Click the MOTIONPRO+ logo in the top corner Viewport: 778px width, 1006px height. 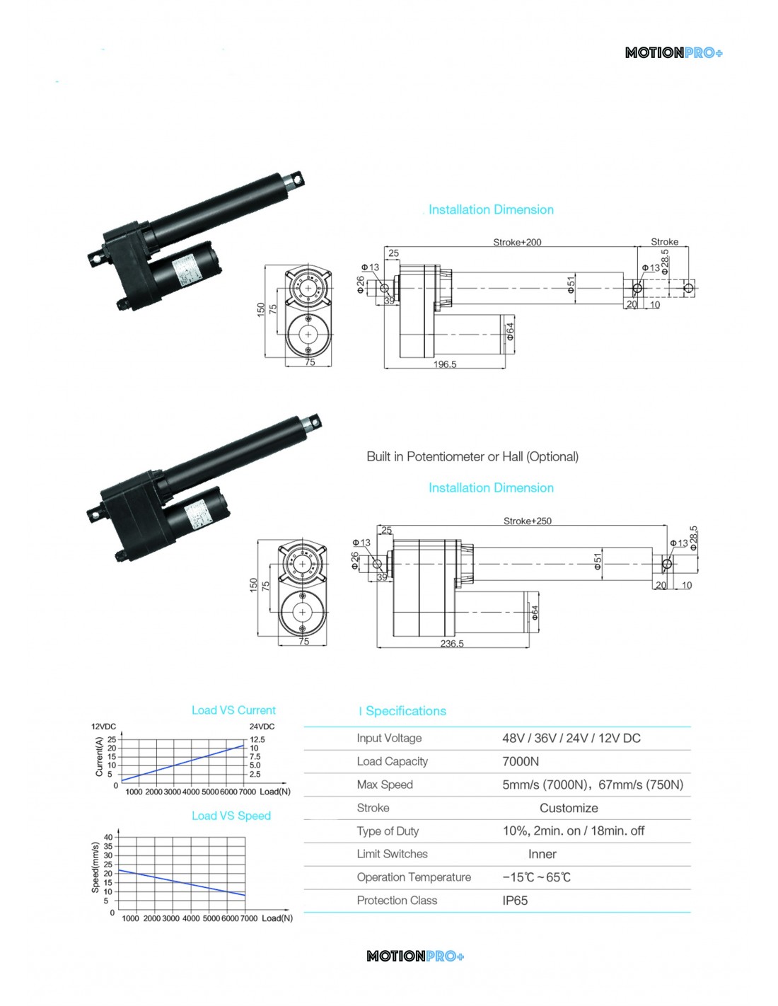pos(673,53)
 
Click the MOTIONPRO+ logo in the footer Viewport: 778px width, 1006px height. pos(415,956)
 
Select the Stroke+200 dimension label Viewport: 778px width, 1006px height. pos(517,242)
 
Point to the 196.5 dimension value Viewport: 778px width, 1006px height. pos(445,364)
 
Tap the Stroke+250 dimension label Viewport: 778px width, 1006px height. pos(527,521)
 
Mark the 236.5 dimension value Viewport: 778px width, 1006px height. pos(452,644)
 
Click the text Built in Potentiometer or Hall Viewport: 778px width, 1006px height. pos(472,457)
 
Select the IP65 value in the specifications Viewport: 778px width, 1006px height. pos(515,901)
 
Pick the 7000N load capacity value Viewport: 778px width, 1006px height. pos(521,761)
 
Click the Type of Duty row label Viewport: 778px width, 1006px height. pos(388,831)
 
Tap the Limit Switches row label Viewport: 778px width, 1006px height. pos(392,854)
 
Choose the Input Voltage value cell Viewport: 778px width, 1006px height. pos(571,738)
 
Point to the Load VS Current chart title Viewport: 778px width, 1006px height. pos(233,710)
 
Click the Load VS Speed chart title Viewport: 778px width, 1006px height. pos(231,816)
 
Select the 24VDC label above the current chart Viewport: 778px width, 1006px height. pos(262,727)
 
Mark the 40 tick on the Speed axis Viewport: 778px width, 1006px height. pos(108,838)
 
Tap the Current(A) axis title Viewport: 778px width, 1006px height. pos(99,756)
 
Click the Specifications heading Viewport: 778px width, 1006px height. pos(405,711)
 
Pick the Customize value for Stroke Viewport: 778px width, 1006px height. pos(569,808)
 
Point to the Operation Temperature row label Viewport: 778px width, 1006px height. pos(414,877)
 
